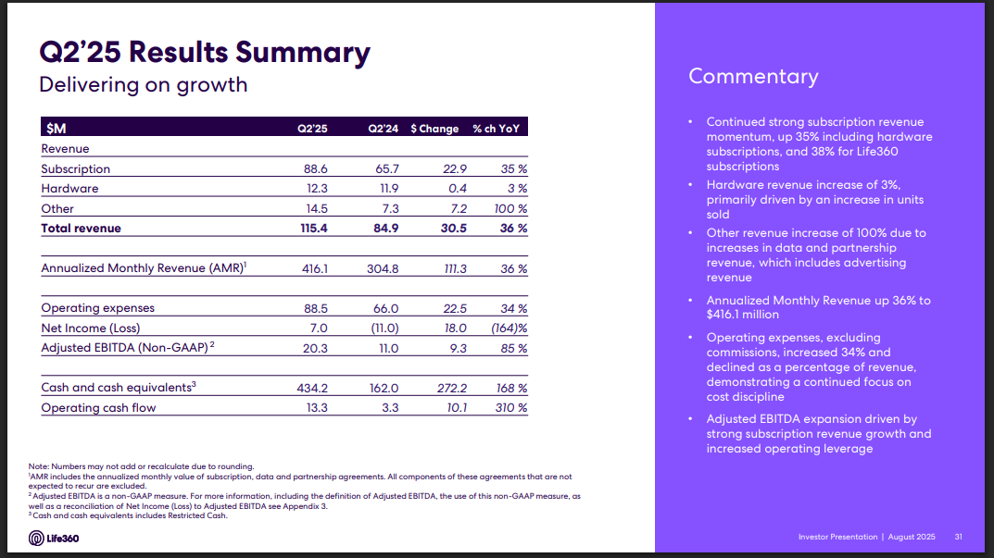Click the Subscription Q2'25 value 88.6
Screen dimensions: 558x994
(x=315, y=169)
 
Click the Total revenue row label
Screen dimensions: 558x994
(x=81, y=228)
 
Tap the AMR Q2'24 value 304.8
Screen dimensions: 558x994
(x=382, y=268)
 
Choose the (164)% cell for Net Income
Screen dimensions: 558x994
(x=509, y=329)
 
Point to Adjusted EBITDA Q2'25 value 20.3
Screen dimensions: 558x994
(x=315, y=349)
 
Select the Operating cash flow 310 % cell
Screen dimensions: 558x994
(x=510, y=408)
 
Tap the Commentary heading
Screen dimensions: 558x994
(x=753, y=76)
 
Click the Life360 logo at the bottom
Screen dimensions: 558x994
(x=54, y=539)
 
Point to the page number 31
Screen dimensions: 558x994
(x=959, y=537)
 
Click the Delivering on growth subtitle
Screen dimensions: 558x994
(x=143, y=85)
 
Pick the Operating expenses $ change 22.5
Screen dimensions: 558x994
(x=455, y=308)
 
